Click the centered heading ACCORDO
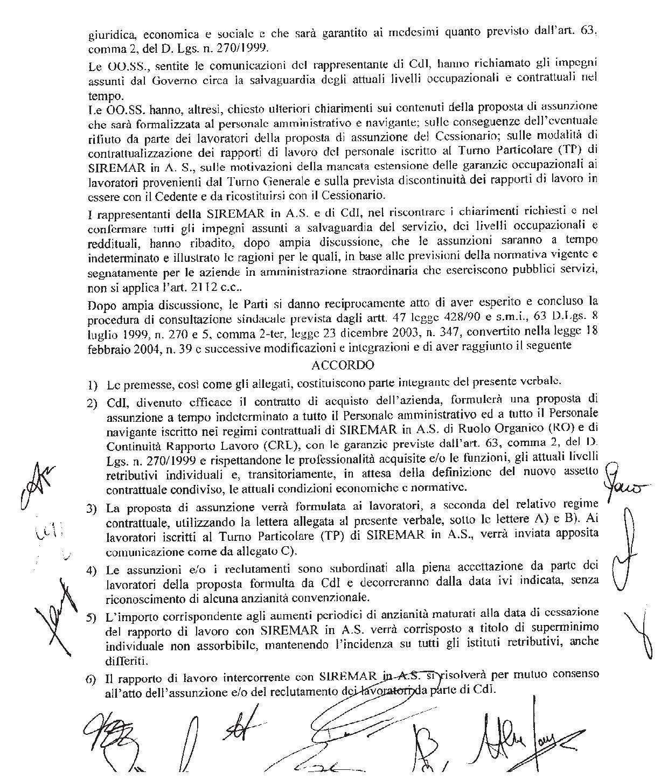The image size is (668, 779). pyautogui.click(x=343, y=365)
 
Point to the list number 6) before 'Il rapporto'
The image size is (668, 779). pyautogui.click(x=92, y=678)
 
